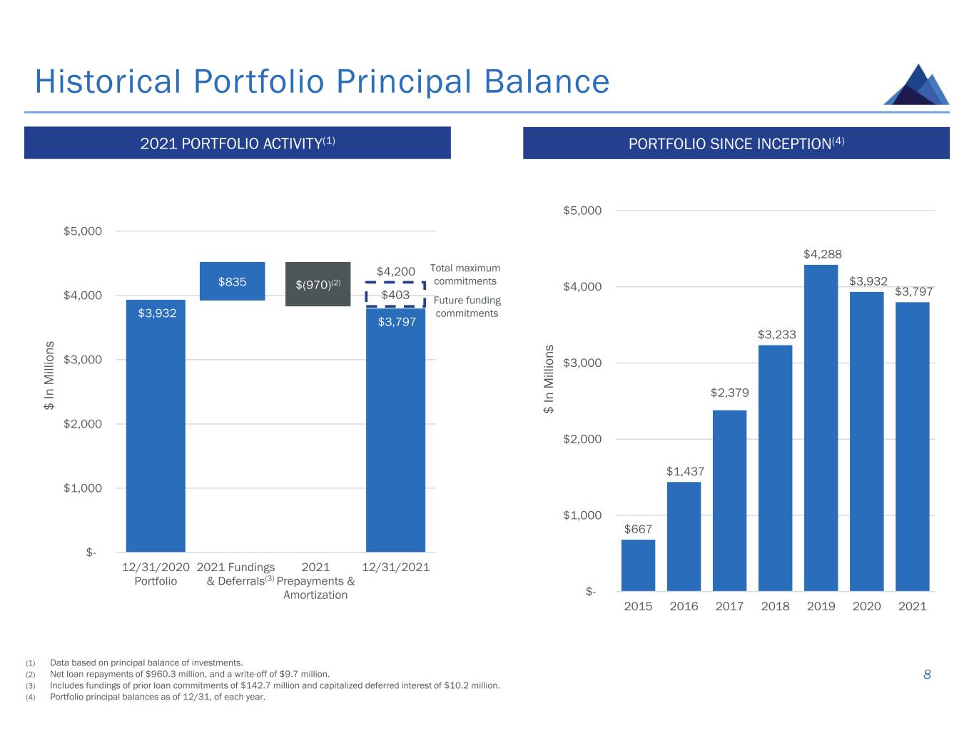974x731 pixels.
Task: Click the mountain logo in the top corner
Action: click(917, 86)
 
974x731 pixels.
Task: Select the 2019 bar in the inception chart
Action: click(821, 428)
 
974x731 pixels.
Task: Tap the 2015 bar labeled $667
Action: click(638, 565)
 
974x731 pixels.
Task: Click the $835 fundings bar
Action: click(233, 281)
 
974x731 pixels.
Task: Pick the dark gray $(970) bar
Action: click(318, 284)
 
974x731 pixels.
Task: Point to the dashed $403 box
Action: click(395, 294)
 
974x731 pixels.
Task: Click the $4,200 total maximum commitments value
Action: click(395, 271)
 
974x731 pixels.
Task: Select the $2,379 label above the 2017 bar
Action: click(729, 393)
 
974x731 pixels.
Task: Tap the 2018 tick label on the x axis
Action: click(775, 606)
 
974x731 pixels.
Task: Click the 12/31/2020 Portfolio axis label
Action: click(156, 574)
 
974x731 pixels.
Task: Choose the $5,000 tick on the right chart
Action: click(583, 211)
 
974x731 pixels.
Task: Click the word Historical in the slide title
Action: click(108, 81)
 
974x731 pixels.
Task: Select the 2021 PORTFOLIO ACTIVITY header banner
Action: click(238, 143)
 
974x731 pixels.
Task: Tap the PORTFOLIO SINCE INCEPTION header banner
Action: click(736, 143)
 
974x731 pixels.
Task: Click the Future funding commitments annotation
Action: click(467, 307)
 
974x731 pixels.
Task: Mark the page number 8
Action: click(927, 675)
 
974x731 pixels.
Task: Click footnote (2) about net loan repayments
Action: click(189, 674)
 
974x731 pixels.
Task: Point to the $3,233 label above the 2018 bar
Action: click(776, 334)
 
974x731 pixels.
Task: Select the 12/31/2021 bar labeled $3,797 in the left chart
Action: click(395, 428)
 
